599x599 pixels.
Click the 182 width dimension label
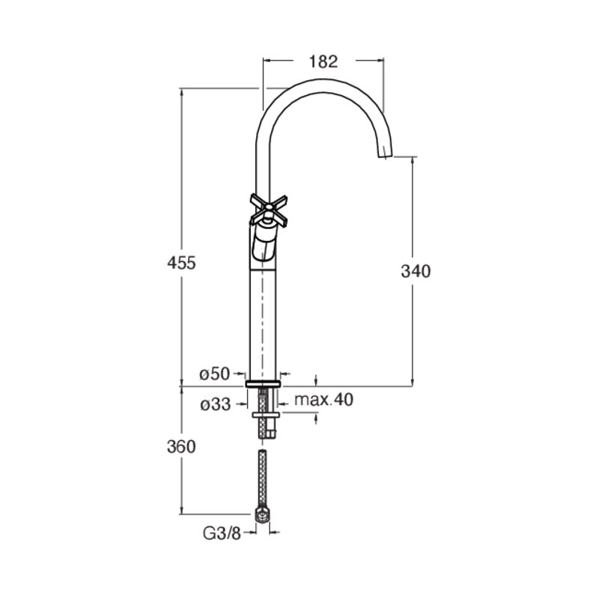[x=323, y=61]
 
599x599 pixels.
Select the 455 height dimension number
[x=181, y=263]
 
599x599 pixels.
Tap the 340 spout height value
[x=416, y=271]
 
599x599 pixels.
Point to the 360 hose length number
[x=181, y=446]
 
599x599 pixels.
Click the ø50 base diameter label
[x=215, y=374]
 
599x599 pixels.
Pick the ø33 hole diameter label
[x=216, y=404]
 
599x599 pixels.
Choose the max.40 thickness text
[x=324, y=400]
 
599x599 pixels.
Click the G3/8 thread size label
[x=222, y=534]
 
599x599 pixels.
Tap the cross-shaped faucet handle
[x=269, y=210]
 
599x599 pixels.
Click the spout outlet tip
[x=385, y=153]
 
